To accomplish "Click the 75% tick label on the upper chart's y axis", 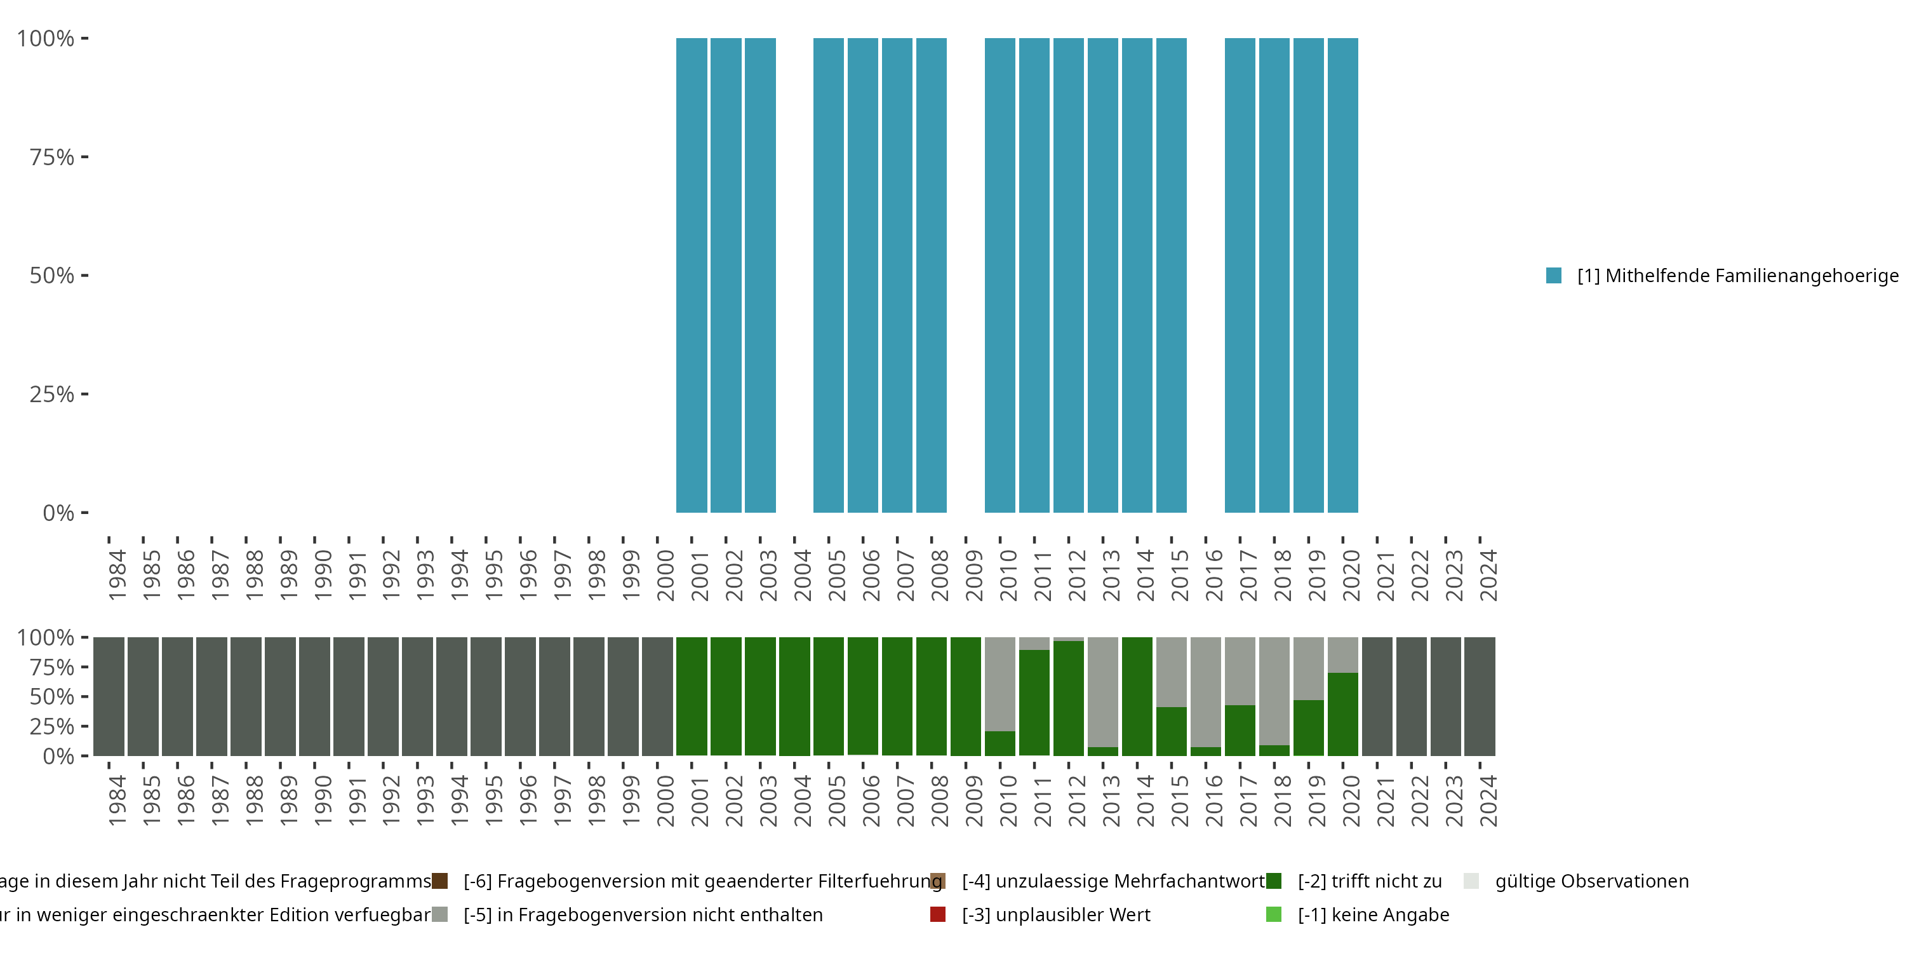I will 52,157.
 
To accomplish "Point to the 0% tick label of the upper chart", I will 58,513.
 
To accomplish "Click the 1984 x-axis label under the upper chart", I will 117,575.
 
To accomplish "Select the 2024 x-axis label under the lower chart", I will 1488,801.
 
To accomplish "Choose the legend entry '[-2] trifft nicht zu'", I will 1370,881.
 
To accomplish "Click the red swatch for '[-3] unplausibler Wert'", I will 938,914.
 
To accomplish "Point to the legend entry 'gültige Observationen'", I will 1591,881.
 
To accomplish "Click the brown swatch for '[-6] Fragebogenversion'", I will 440,881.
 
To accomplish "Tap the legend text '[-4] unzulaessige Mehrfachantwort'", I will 1113,881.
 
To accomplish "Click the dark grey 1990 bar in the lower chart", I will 314,696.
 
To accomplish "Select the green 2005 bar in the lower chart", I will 828,696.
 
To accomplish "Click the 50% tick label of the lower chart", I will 52,697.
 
